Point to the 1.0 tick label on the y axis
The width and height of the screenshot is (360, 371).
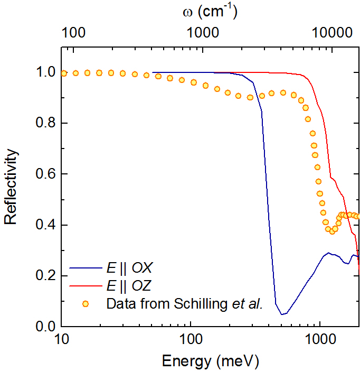point(44,72)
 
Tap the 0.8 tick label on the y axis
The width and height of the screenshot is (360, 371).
point(44,124)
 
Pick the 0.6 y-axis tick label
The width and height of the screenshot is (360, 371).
point(44,174)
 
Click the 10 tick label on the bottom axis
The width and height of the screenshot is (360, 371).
point(61,339)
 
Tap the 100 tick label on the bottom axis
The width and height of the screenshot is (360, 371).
point(191,339)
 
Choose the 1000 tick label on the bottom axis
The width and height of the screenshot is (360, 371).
point(319,339)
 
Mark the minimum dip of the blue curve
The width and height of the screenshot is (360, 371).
point(283,314)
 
